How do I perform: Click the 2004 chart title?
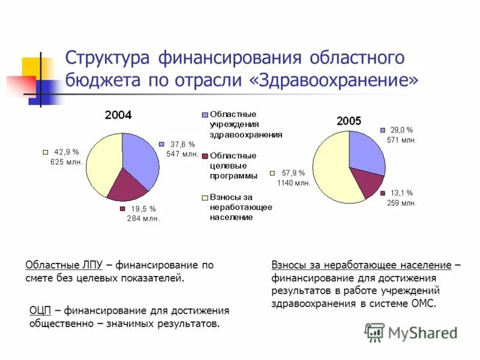tap(118, 115)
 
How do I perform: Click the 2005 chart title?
tap(349, 121)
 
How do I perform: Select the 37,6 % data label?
tap(182, 145)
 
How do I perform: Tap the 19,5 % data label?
tap(143, 209)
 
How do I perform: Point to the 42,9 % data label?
tap(67, 152)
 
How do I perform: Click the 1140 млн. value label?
tap(293, 183)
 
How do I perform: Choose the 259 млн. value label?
tap(401, 203)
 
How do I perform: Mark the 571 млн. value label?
tap(401, 139)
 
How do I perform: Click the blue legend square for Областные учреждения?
tap(205, 114)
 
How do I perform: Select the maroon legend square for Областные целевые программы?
tap(205, 156)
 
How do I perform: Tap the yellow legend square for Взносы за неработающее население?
tap(205, 197)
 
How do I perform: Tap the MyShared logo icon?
tap(374, 332)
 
